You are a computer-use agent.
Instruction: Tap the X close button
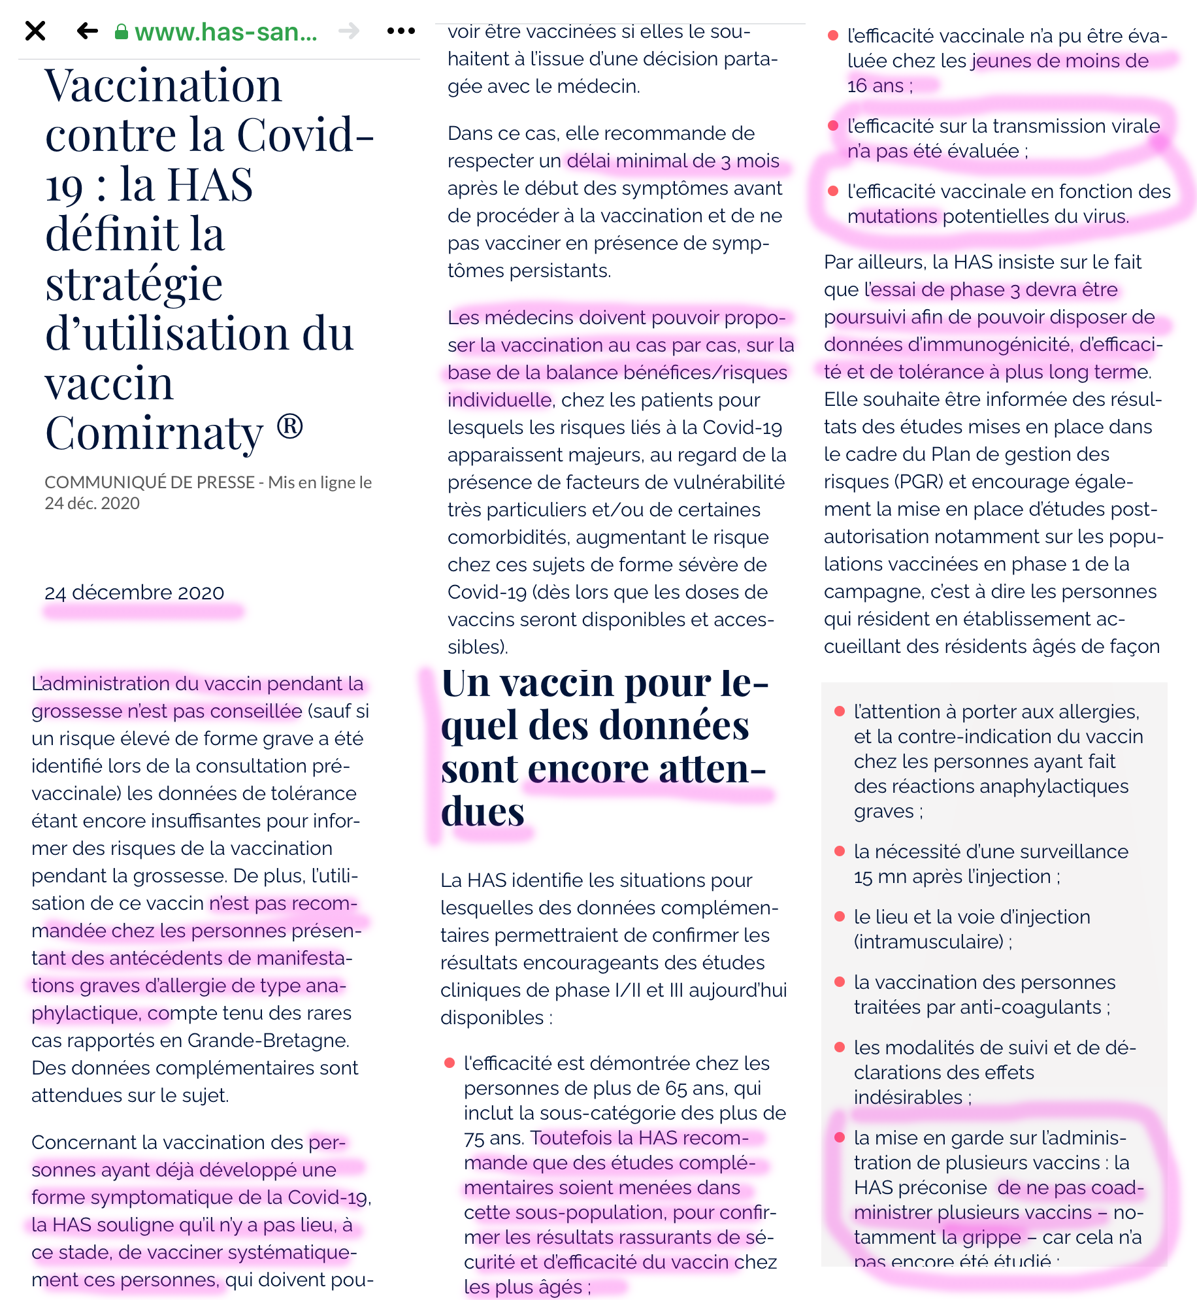(x=35, y=31)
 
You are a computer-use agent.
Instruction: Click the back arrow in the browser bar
(x=87, y=31)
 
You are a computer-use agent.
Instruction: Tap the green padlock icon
(x=121, y=32)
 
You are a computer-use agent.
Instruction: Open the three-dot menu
(x=401, y=31)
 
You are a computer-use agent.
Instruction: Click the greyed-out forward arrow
(x=350, y=31)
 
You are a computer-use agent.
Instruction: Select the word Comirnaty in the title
(x=154, y=433)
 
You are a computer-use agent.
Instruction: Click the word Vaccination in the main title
(x=163, y=86)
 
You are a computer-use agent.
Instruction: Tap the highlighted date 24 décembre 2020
(x=134, y=593)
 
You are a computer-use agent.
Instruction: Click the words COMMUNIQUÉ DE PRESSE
(x=149, y=482)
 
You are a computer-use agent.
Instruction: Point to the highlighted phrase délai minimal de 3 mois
(x=673, y=161)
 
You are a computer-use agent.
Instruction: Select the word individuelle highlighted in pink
(x=499, y=400)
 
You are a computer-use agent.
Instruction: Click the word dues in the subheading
(x=482, y=812)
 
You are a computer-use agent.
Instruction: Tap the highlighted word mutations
(x=892, y=216)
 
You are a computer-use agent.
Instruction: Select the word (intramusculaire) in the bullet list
(x=928, y=942)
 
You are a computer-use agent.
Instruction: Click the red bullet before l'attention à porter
(x=840, y=711)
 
